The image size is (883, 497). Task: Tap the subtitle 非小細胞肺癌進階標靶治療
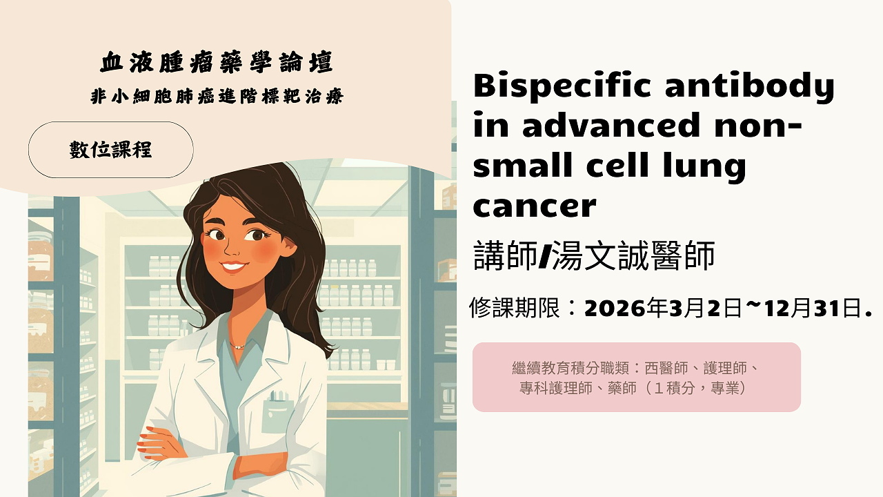pyautogui.click(x=217, y=97)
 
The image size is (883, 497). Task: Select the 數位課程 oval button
pyautogui.click(x=110, y=150)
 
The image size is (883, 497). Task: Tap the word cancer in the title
pyautogui.click(x=534, y=205)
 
